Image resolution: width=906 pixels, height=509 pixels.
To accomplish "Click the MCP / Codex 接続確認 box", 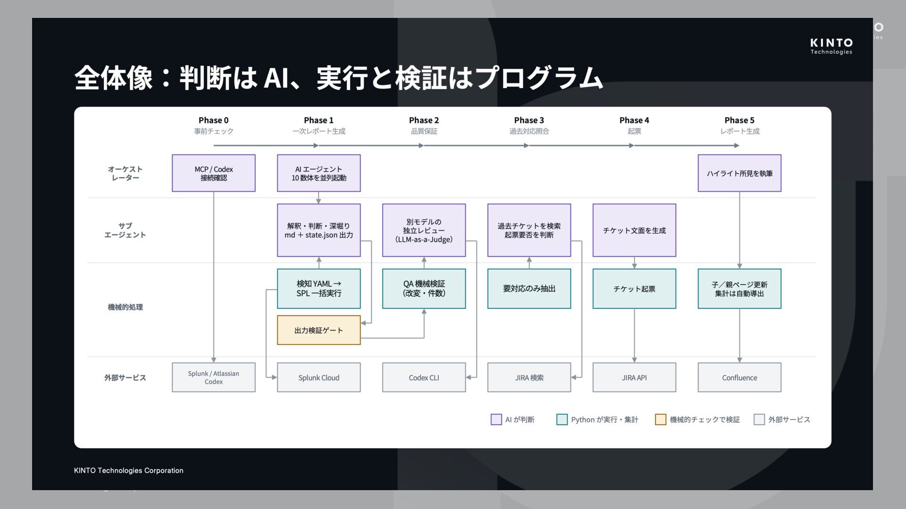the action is click(214, 173).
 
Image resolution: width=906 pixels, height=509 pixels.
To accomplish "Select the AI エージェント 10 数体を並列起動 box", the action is click(319, 173).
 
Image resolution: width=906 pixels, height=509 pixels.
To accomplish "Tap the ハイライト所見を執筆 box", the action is click(739, 173).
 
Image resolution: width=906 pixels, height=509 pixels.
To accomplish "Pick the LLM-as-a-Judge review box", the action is click(424, 230).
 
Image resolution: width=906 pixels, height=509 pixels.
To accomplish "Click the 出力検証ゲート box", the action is click(319, 330).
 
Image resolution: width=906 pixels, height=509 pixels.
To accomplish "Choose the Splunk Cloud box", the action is click(319, 378).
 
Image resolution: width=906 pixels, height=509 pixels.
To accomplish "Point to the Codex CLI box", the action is click(424, 378).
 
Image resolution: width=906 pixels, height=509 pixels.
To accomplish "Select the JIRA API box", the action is click(634, 378).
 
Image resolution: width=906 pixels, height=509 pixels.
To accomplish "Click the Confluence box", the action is click(739, 378).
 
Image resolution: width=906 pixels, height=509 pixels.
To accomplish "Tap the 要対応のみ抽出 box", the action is click(529, 288).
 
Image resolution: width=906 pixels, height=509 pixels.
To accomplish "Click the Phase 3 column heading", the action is click(529, 120).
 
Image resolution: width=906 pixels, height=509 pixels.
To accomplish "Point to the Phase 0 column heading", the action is click(214, 120).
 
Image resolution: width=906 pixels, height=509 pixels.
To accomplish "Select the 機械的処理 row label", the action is click(125, 307).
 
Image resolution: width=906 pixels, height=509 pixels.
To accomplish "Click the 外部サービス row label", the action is click(125, 378).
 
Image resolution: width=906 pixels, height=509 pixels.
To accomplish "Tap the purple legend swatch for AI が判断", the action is click(496, 419).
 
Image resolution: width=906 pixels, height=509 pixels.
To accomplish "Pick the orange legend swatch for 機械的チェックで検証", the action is click(661, 419).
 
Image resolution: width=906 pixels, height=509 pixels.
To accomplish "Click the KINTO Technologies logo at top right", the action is click(831, 46).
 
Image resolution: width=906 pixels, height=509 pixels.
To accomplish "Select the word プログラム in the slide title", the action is click(539, 78).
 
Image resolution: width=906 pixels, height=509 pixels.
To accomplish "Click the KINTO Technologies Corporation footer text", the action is click(129, 470).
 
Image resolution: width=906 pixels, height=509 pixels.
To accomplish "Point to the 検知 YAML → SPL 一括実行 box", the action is click(319, 288).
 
